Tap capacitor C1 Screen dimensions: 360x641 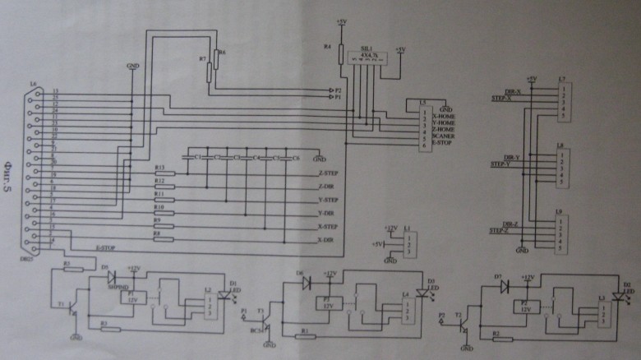click(196, 157)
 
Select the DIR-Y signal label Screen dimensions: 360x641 click(511, 158)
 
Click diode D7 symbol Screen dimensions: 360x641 click(504, 286)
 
